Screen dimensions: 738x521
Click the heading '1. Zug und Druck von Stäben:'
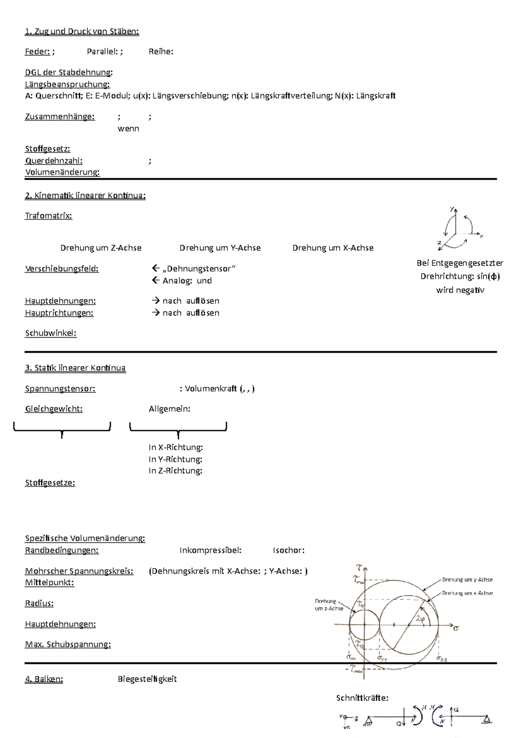[x=82, y=31]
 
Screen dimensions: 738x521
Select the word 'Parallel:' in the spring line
[x=103, y=52]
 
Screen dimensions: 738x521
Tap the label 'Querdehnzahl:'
[x=54, y=161]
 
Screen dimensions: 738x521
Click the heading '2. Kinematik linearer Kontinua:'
[x=85, y=196]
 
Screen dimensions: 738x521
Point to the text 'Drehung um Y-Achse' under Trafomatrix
[x=220, y=248]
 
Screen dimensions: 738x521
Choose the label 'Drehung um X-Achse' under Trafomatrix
[x=333, y=248]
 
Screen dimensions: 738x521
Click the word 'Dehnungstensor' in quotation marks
[x=199, y=269]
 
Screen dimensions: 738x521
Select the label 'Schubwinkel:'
[x=51, y=333]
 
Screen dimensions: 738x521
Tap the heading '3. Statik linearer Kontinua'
[x=75, y=368]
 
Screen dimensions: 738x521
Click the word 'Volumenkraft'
[x=211, y=389]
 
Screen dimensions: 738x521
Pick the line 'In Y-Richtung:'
[x=175, y=459]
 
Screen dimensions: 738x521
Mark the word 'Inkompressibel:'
[x=211, y=550]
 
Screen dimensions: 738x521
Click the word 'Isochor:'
[x=288, y=550]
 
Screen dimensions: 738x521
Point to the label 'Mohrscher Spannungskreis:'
[x=79, y=571]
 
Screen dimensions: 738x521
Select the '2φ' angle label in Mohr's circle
[x=420, y=619]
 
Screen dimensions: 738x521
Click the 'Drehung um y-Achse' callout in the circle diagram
[x=467, y=579]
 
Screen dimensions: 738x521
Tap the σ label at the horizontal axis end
[x=456, y=628]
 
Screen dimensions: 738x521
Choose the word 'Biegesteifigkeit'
[x=147, y=679]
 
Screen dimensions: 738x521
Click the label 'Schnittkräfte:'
[x=362, y=698]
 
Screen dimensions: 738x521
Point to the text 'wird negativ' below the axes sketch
[x=460, y=290]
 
